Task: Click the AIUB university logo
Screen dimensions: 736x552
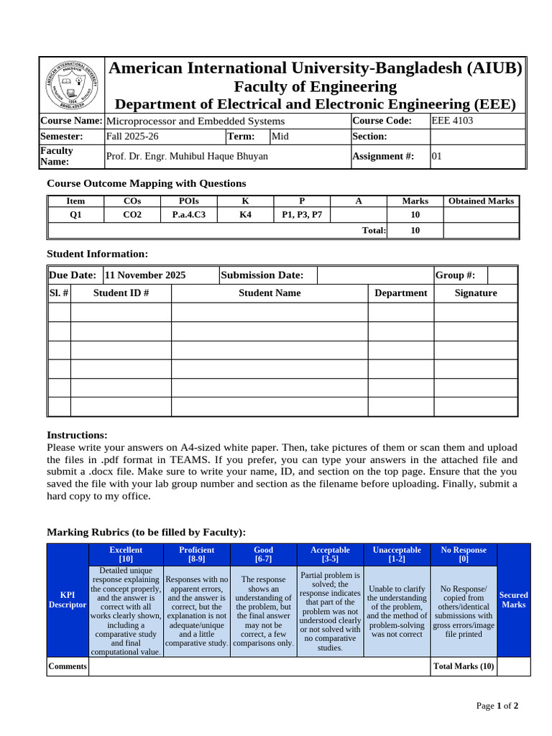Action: click(x=71, y=85)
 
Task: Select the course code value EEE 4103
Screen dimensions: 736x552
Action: click(x=452, y=121)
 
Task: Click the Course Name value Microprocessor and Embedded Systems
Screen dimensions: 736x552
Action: click(x=195, y=121)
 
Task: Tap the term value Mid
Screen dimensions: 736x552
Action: click(x=280, y=136)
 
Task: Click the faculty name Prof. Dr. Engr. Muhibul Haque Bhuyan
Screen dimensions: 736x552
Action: click(x=187, y=156)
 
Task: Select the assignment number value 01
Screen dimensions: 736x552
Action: click(x=437, y=156)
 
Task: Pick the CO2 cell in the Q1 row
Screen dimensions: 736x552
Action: click(x=132, y=214)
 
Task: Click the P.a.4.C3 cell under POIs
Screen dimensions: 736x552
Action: click(x=189, y=214)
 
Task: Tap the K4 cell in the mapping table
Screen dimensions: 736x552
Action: click(x=245, y=214)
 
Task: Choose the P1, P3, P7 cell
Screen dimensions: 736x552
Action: click(x=302, y=214)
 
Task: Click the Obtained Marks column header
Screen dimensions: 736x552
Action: click(x=481, y=201)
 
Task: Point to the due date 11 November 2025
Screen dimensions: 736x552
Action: click(x=145, y=275)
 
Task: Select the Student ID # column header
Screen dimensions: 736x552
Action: click(x=121, y=293)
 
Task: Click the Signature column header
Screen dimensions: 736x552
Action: click(x=475, y=293)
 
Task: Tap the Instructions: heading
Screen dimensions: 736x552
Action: click(x=77, y=435)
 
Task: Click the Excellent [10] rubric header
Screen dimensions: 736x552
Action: click(x=126, y=554)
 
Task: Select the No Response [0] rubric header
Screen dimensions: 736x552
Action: click(x=463, y=554)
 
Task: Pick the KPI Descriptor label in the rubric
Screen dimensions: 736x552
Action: click(x=67, y=600)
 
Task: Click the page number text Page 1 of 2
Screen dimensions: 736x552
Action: click(x=497, y=706)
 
